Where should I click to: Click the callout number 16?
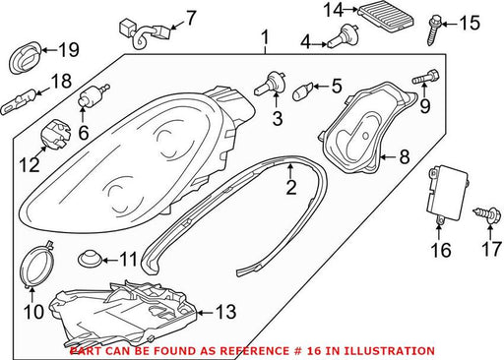441,250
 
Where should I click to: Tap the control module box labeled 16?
447,195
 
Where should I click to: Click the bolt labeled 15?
433,31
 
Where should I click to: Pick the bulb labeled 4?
343,36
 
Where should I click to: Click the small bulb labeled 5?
301,92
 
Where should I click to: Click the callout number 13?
225,312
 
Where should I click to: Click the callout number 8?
405,156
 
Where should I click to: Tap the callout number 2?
291,187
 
